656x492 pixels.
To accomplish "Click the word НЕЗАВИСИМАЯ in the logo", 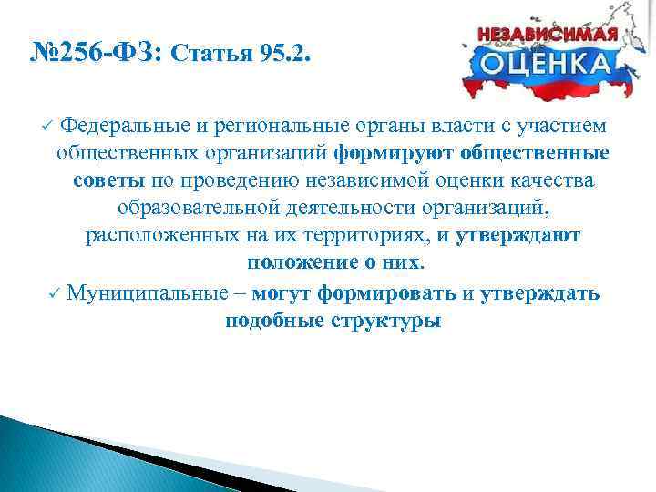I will (x=548, y=33).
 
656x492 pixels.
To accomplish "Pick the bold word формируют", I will (x=395, y=152).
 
